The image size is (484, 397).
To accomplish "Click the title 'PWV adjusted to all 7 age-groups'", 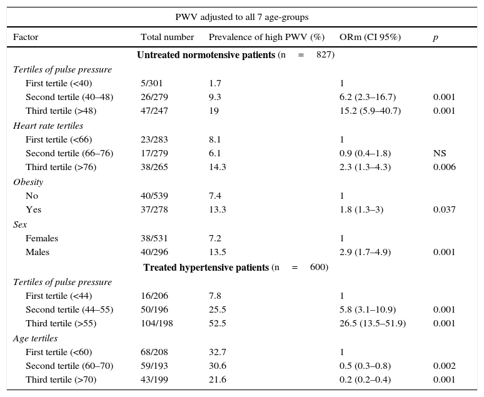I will click(x=241, y=17).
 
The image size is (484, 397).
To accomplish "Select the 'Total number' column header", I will click(x=167, y=37).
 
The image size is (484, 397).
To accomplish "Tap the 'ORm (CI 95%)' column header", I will click(x=370, y=37).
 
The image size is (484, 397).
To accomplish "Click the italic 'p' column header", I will click(x=435, y=37).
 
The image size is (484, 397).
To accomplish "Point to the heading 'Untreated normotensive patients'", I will click(x=206, y=55).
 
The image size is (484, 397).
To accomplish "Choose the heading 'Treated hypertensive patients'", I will click(x=206, y=268).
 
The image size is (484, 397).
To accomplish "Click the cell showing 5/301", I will click(x=154, y=83).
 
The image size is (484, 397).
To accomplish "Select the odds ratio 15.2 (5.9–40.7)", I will click(x=370, y=111).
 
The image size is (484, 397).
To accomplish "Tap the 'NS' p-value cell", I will click(x=440, y=153).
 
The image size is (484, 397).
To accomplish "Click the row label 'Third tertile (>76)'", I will click(x=61, y=168).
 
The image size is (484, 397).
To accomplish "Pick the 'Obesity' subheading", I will click(x=28, y=182).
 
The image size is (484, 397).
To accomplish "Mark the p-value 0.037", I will click(x=444, y=210).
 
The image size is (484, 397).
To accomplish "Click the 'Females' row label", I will click(x=42, y=238).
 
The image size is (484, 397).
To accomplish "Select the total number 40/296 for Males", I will click(x=154, y=253).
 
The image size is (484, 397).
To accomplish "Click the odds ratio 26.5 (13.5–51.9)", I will click(x=372, y=323).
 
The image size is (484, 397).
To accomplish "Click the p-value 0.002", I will click(x=444, y=366).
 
